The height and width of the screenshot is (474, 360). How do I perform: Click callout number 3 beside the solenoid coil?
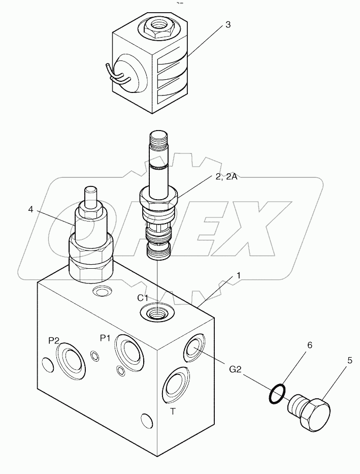click(x=228, y=25)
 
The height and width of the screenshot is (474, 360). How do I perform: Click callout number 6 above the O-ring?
click(x=309, y=345)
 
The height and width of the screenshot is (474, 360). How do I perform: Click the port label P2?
click(x=54, y=341)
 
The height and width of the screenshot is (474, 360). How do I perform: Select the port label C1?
click(x=143, y=298)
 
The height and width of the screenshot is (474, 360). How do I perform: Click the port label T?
click(x=173, y=412)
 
